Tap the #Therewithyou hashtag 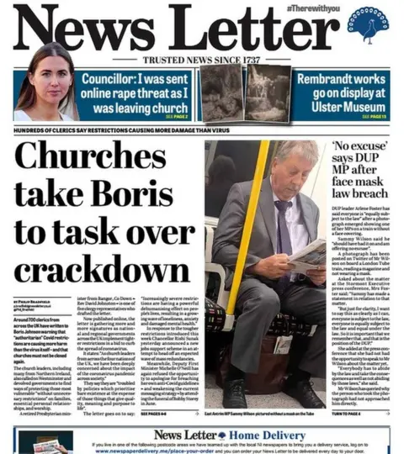pos(314,8)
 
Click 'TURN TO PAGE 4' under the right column pos(349,414)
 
